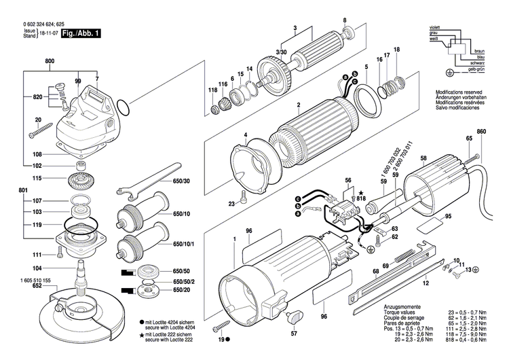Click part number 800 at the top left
click(50, 62)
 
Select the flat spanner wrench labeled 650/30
click(136, 185)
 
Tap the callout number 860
click(482, 130)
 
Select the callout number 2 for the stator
click(297, 105)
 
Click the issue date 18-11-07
click(48, 33)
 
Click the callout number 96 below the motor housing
click(324, 317)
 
